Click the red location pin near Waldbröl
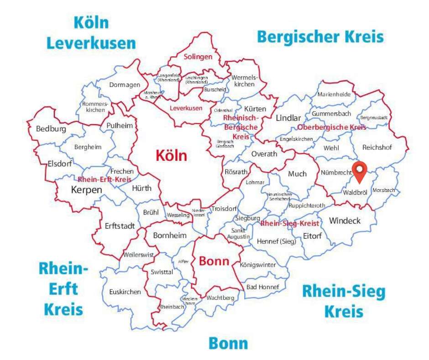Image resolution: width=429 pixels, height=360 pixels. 361,171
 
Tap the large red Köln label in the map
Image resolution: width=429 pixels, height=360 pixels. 171,155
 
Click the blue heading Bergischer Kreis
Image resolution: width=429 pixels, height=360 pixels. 320,36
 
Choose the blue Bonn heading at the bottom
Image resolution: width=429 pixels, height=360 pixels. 228,343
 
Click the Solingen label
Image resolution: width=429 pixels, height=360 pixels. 198,57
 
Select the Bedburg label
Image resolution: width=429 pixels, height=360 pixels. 51,129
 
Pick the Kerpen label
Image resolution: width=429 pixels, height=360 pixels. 86,189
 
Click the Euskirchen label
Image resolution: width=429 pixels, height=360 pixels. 125,292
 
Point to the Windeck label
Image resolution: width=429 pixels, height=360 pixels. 345,221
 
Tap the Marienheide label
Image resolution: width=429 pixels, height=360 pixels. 334,95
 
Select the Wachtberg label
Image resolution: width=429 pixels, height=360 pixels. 220,298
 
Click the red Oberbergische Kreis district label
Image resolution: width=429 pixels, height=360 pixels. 331,127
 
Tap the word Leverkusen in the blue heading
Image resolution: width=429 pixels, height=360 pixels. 91,43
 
